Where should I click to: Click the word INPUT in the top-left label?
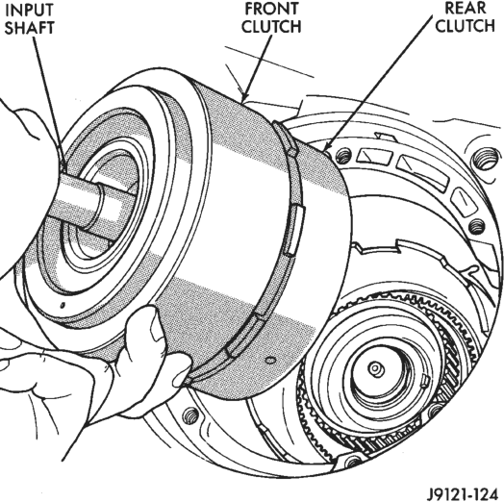tap(29, 10)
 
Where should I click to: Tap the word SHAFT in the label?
tap(29, 28)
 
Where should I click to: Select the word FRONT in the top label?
tap(271, 9)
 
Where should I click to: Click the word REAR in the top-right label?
tap(466, 8)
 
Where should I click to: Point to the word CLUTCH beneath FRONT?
tap(271, 26)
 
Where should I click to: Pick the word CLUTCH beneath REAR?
tap(466, 25)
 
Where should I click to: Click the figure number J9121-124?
tap(463, 494)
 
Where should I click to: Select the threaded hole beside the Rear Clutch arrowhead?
tap(343, 156)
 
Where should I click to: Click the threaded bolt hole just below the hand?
tap(190, 415)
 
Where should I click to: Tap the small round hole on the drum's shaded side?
tap(271, 360)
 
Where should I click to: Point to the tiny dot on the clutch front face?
tap(63, 305)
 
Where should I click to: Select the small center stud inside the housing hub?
tap(375, 368)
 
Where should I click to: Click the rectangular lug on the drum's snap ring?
tap(295, 230)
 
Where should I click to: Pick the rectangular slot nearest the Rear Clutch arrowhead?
tap(374, 157)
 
